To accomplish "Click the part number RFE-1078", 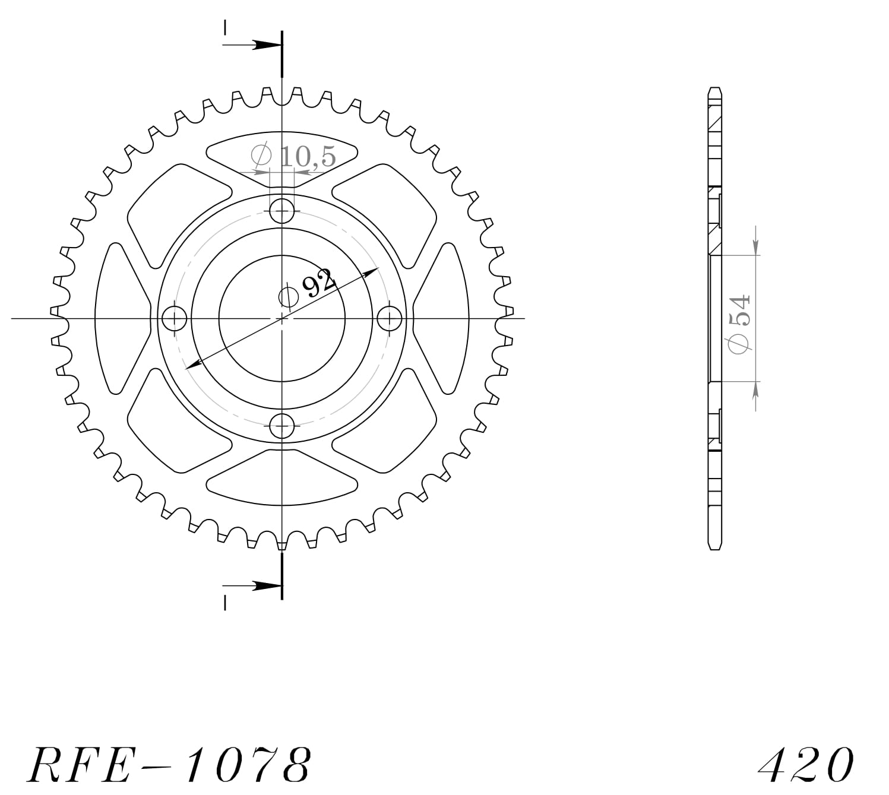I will point(169,764).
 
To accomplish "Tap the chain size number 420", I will point(806,764).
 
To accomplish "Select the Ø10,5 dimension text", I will point(294,156).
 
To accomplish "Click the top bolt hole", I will point(282,211).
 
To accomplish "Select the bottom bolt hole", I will point(282,426).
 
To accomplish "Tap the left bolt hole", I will point(174,319).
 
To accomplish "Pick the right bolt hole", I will point(390,319).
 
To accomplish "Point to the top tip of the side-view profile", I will point(715,90).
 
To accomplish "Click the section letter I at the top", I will point(225,27).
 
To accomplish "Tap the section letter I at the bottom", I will point(225,603).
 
